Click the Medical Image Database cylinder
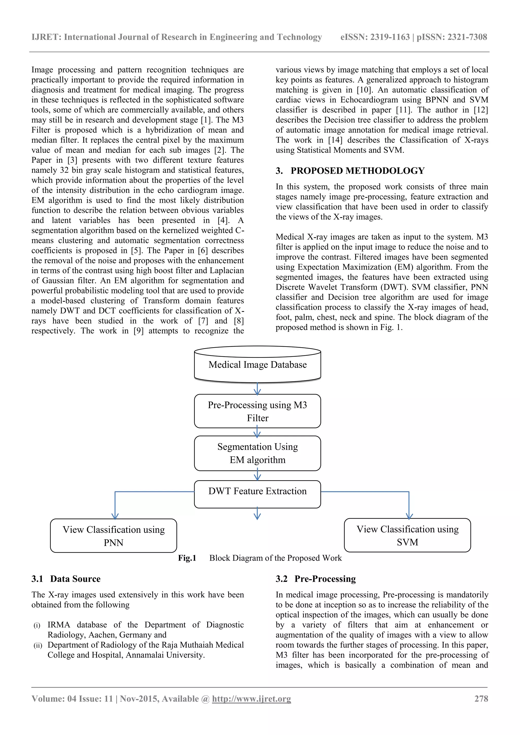point(257,365)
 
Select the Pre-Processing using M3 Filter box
point(257,411)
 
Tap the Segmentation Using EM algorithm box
point(257,453)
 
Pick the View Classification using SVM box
point(407,535)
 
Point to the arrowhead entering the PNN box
point(115,516)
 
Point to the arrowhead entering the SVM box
point(409,516)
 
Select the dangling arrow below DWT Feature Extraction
point(257,514)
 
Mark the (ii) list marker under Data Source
point(38,645)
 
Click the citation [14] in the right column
point(335,140)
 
